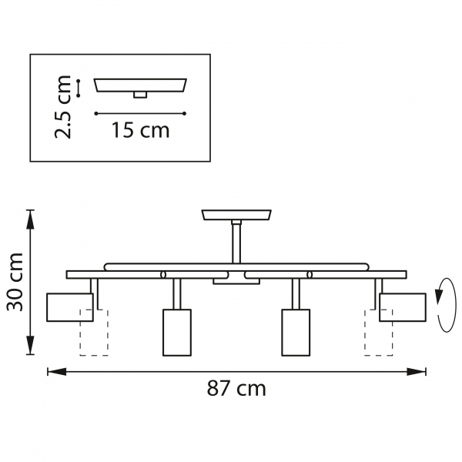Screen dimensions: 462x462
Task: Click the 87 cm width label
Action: tap(236, 388)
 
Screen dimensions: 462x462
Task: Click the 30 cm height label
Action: tap(15, 282)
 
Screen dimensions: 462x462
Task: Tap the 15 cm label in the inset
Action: tap(141, 130)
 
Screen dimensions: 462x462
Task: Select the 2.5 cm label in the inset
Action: tap(63, 107)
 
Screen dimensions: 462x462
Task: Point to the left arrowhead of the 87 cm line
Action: tap(56, 372)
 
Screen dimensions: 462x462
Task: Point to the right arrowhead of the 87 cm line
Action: tap(417, 372)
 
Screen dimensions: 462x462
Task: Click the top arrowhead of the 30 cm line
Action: tap(30, 219)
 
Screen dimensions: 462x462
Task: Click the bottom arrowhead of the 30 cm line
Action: tap(30, 345)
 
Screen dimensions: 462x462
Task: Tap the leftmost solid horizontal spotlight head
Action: tap(70, 307)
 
